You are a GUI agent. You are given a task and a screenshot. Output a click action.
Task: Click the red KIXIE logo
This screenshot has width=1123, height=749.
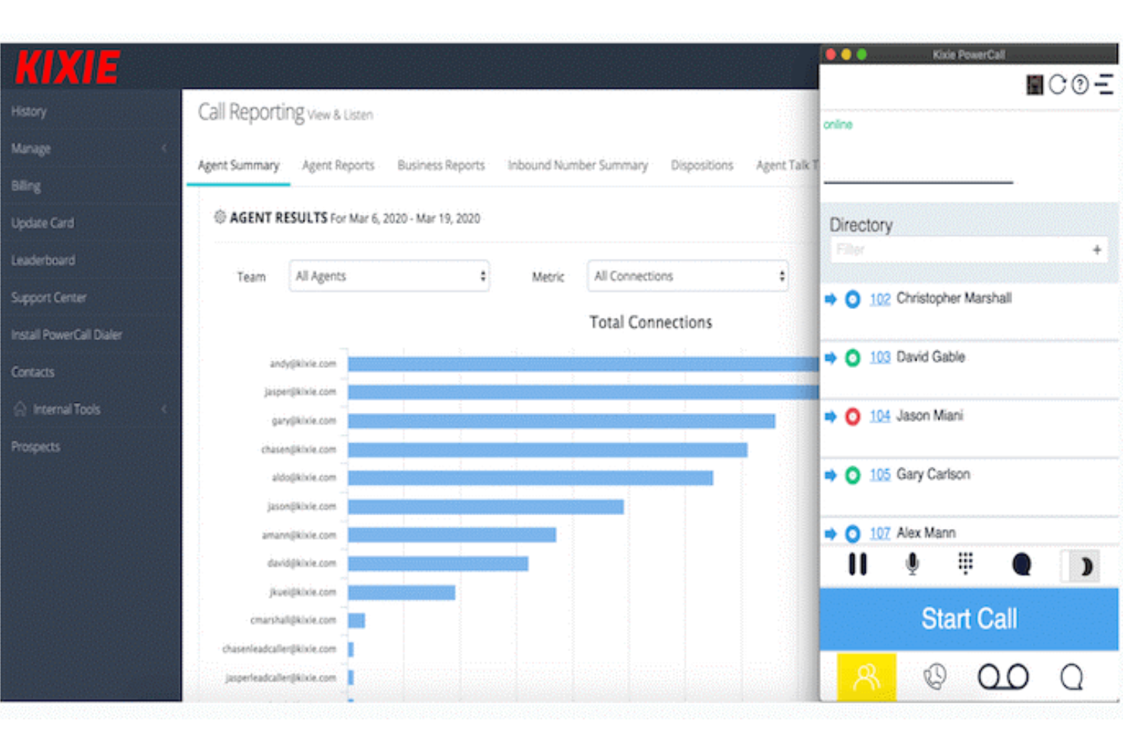pyautogui.click(x=68, y=67)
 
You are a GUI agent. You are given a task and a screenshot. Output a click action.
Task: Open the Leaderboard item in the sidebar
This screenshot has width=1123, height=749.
pyautogui.click(x=43, y=260)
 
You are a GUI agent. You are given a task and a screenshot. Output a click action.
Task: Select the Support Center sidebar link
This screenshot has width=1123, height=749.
pyautogui.click(x=49, y=297)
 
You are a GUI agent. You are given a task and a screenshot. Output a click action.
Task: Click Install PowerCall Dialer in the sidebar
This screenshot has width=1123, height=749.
pyautogui.click(x=66, y=335)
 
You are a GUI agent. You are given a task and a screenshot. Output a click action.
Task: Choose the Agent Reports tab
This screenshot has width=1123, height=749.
pyautogui.click(x=338, y=165)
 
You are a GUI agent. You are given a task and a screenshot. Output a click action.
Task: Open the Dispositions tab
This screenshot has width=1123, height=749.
pyautogui.click(x=701, y=165)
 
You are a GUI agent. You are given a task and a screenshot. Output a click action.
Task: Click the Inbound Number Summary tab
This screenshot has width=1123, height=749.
pyautogui.click(x=577, y=165)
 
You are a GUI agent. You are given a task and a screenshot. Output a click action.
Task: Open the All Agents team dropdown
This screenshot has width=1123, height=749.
pyautogui.click(x=389, y=276)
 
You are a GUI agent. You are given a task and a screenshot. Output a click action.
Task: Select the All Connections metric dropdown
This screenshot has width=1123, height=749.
pyautogui.click(x=687, y=276)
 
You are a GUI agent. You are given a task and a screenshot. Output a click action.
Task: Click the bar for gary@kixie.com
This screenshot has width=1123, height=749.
pyautogui.click(x=561, y=421)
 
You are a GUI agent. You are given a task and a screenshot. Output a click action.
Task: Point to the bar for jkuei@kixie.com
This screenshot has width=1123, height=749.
pyautogui.click(x=401, y=593)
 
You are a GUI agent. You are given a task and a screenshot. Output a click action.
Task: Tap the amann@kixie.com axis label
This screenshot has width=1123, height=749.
pyautogui.click(x=298, y=535)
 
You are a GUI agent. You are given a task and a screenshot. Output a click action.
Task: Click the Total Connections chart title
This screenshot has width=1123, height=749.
pyautogui.click(x=650, y=323)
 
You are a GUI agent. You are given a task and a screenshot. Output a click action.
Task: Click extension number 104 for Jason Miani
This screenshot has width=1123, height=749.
pyautogui.click(x=879, y=416)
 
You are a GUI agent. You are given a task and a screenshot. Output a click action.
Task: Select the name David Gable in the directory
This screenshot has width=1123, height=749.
pyautogui.click(x=930, y=357)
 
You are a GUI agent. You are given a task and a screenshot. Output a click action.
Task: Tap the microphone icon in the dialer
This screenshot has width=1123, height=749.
pyautogui.click(x=912, y=564)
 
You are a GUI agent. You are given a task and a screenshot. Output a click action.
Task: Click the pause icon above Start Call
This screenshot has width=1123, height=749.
pyautogui.click(x=857, y=564)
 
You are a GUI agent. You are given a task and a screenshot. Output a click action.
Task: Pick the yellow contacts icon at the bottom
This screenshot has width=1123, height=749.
pyautogui.click(x=866, y=676)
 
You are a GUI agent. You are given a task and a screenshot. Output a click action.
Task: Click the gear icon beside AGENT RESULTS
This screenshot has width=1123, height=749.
pyautogui.click(x=220, y=217)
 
